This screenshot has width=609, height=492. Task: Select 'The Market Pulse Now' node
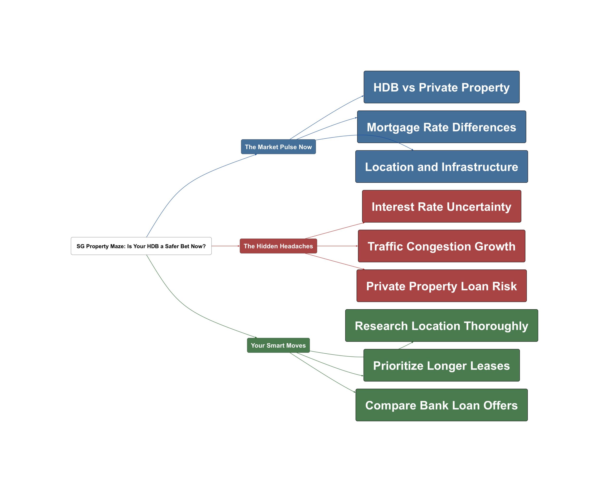[x=278, y=147]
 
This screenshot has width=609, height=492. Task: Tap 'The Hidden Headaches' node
[x=278, y=246]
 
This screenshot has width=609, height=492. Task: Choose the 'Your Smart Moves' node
[x=278, y=345]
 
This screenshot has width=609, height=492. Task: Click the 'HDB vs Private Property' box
[x=442, y=87]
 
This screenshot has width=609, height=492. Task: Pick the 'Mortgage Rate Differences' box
[x=442, y=127]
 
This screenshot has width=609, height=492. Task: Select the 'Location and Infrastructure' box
[x=442, y=167]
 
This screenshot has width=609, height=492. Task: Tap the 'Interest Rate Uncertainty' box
[x=442, y=206]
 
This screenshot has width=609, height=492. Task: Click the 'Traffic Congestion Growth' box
[x=442, y=246]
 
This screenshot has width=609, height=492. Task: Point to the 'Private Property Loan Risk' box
[x=442, y=286]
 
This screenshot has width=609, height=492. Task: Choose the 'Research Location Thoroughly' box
[x=442, y=325]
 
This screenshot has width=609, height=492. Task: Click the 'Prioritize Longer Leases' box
[x=442, y=365]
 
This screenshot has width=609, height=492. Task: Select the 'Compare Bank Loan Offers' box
[x=442, y=405]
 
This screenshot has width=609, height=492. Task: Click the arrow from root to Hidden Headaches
[x=225, y=246]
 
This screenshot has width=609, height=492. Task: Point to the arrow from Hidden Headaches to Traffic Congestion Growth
[x=337, y=246]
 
